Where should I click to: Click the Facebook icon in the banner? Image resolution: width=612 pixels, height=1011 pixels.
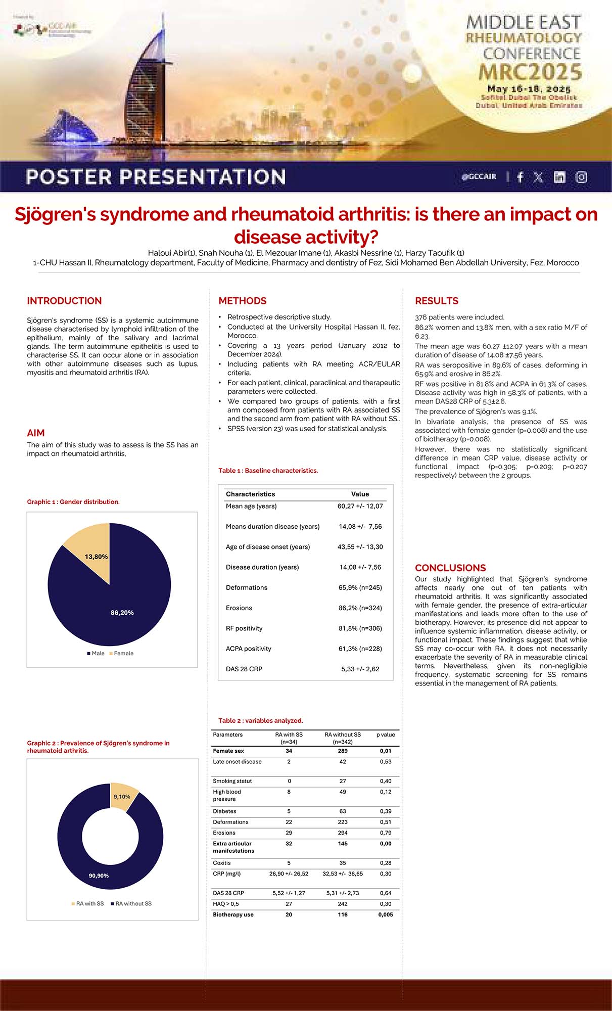pos(520,177)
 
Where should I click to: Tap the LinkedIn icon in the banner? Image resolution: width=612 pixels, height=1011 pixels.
pos(559,177)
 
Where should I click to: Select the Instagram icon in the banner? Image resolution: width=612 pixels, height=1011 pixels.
pos(581,177)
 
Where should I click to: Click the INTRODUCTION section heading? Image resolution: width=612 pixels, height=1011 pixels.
pos(64,301)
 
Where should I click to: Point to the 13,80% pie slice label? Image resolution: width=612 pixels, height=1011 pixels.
pos(96,557)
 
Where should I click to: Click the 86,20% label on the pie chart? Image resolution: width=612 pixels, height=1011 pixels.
pos(122,613)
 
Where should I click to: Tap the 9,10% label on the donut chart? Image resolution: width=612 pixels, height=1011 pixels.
pos(122,797)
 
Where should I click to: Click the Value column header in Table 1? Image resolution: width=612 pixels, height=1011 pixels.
pos(360,494)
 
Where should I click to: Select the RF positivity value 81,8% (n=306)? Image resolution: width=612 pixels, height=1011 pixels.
pos(360,628)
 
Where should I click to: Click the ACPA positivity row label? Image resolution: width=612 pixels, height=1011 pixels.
pos(248,649)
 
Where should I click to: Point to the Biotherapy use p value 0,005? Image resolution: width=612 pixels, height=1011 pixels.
pos(385,929)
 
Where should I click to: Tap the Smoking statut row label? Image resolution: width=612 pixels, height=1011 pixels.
pos(232,781)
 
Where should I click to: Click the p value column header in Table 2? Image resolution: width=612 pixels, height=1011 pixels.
pos(386,734)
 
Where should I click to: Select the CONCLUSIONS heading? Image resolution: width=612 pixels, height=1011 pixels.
pos(450,568)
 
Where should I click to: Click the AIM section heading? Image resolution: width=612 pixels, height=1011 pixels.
pos(36,433)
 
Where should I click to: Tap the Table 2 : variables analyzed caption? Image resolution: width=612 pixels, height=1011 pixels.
pos(260,720)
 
